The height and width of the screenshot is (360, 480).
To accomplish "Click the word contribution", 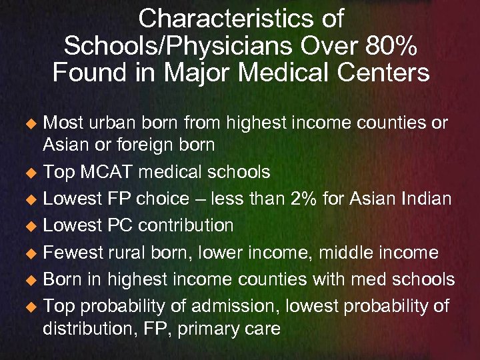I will coord(187,226).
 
